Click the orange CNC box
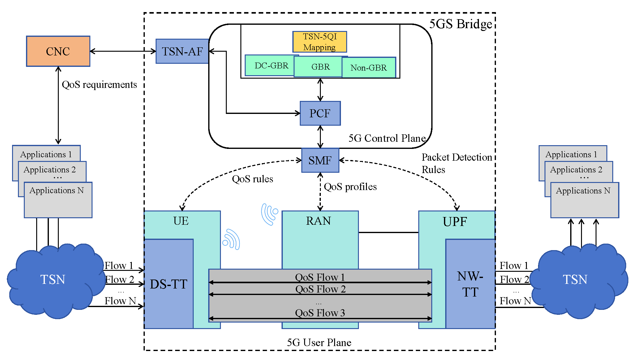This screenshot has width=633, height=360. (58, 51)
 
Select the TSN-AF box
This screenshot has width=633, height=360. (182, 51)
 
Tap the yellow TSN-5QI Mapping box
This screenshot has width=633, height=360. (320, 42)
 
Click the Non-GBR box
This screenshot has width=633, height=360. (369, 67)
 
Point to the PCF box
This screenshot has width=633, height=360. (320, 113)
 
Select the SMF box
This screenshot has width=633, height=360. (320, 160)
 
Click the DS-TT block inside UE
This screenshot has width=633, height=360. (169, 284)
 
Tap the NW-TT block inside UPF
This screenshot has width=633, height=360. (470, 284)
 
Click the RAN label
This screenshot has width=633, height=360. (318, 221)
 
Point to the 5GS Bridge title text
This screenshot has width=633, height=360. (460, 24)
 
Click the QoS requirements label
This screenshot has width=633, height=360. (99, 85)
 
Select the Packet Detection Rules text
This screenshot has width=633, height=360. (456, 163)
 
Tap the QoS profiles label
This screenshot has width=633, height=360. (350, 187)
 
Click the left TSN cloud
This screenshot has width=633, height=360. (53, 280)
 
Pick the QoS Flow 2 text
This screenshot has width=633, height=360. (320, 289)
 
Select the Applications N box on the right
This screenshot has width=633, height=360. (584, 200)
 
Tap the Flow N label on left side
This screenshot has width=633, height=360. (120, 301)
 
